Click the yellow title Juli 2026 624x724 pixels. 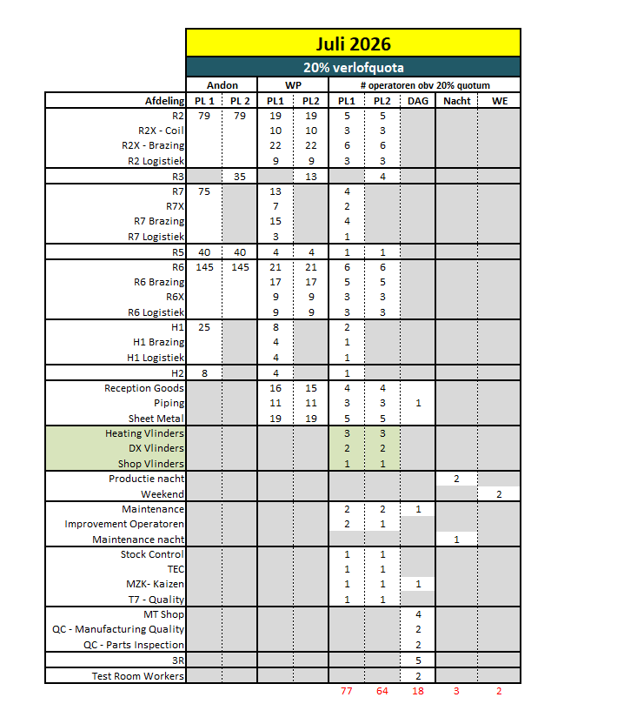(x=353, y=43)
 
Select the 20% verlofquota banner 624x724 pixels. (x=353, y=67)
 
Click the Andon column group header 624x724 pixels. (x=222, y=85)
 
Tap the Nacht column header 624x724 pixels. (x=456, y=101)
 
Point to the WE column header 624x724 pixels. (x=499, y=101)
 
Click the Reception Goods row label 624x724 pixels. (x=144, y=388)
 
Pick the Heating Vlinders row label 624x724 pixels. (x=144, y=433)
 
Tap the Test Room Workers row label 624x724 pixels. (x=138, y=676)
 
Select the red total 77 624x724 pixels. (x=347, y=692)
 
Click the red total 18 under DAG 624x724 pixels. (x=418, y=692)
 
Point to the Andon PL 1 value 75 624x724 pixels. (x=204, y=191)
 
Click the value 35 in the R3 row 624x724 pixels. (x=241, y=177)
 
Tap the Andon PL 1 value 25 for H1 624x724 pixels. (x=204, y=327)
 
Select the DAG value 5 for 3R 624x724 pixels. (x=418, y=660)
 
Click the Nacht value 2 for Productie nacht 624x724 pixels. (x=456, y=479)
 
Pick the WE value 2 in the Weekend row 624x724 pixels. (x=499, y=494)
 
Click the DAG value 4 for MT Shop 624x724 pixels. (x=418, y=614)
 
